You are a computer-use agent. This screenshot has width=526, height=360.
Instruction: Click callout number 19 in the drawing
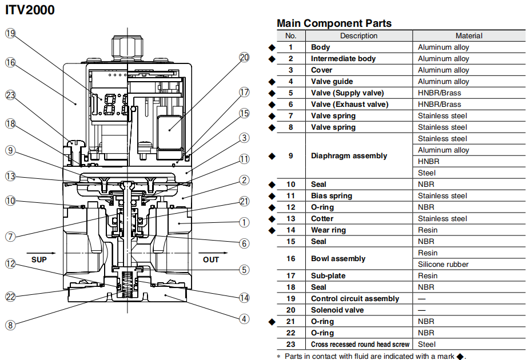click(x=10, y=33)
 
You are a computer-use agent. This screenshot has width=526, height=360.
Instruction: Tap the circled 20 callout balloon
click(x=244, y=57)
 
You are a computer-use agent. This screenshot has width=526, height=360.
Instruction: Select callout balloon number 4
click(x=244, y=319)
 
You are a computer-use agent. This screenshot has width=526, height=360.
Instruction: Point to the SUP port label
click(x=39, y=259)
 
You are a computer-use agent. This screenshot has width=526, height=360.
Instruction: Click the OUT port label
click(x=211, y=259)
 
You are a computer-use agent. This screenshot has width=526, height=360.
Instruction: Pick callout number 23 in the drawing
click(x=10, y=95)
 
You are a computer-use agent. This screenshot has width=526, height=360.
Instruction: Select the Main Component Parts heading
click(x=334, y=23)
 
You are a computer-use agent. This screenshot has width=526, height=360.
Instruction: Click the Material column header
click(x=469, y=35)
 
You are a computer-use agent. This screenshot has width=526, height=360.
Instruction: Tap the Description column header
click(x=358, y=35)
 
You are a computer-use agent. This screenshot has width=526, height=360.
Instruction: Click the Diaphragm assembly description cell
click(x=349, y=155)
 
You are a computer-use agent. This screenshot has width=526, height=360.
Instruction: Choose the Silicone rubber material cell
click(x=443, y=264)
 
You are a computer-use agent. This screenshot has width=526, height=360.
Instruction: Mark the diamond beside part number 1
click(x=272, y=47)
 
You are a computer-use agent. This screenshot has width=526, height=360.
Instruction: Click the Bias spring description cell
click(x=332, y=195)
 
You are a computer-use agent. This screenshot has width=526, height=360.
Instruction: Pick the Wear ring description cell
click(x=328, y=230)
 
